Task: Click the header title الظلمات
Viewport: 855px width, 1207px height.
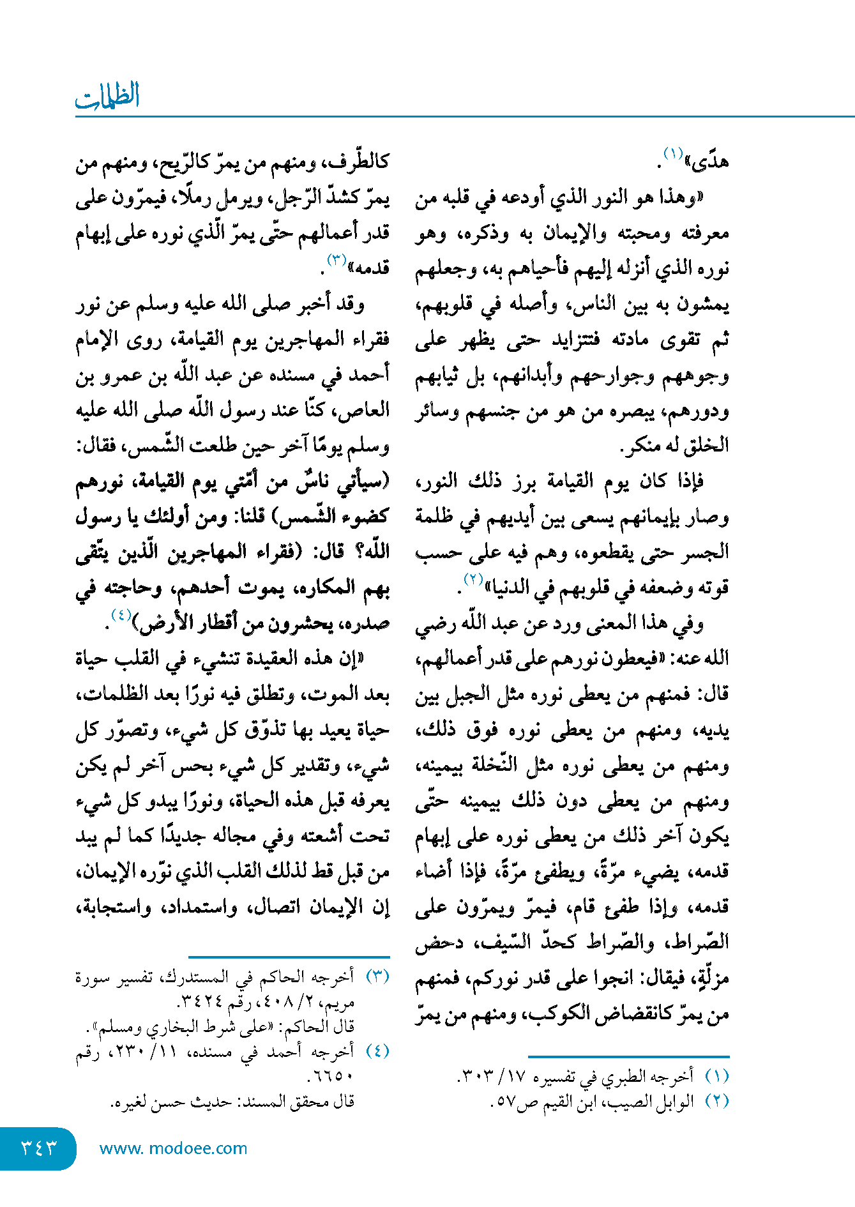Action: [x=107, y=96]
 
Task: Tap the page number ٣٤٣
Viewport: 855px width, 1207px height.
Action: [x=39, y=1148]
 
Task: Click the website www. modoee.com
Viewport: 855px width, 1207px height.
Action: [x=173, y=1148]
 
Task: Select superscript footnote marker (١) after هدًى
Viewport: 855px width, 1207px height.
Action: [x=673, y=154]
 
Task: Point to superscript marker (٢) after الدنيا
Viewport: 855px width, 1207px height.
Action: [x=473, y=579]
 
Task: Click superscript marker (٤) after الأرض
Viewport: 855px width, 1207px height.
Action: [x=121, y=615]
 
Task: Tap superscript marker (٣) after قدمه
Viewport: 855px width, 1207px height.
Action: [x=336, y=260]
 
